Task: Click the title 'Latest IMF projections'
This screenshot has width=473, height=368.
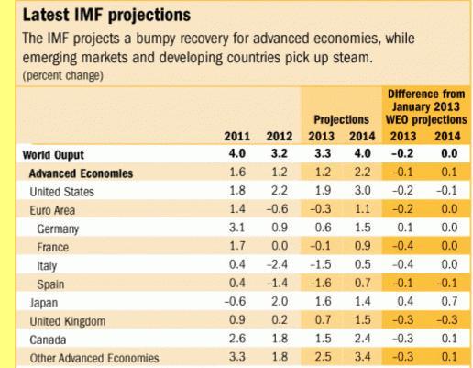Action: [106, 16]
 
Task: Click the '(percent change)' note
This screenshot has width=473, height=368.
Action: [63, 75]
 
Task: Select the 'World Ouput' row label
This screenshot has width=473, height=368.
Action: [53, 155]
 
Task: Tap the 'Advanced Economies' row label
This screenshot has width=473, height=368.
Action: [81, 173]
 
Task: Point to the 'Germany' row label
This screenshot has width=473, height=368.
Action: [58, 229]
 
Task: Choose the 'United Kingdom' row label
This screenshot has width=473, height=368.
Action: [68, 321]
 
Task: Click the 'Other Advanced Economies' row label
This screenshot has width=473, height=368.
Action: [94, 358]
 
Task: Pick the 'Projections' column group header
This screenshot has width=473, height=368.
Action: [342, 119]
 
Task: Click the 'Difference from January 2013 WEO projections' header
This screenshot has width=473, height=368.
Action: [426, 106]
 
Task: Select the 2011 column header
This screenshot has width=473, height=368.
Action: [237, 136]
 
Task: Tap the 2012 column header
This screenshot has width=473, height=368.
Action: [280, 136]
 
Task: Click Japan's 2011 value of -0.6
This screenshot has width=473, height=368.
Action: [235, 301]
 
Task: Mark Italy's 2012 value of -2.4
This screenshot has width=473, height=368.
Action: [277, 264]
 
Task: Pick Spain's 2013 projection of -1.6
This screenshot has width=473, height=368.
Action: [321, 283]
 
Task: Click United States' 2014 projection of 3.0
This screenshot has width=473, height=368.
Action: [363, 190]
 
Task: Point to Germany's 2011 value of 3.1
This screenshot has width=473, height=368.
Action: [237, 228]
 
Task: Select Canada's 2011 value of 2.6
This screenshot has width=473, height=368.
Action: [237, 339]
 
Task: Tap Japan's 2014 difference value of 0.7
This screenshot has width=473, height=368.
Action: [449, 301]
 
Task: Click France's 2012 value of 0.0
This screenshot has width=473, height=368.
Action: [280, 246]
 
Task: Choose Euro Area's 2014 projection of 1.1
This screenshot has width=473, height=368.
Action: [363, 209]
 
